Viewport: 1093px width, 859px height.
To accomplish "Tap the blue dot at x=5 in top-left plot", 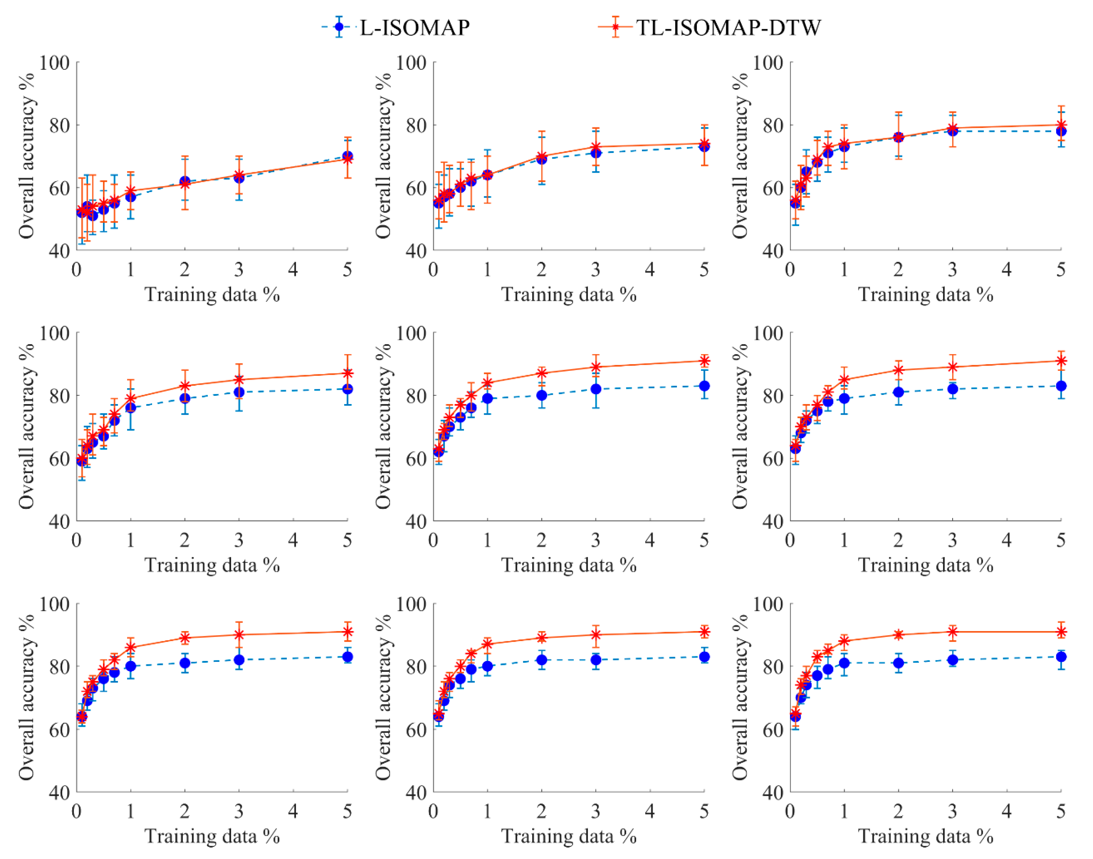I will click(347, 156).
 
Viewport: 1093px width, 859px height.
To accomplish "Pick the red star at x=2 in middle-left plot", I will click(185, 386).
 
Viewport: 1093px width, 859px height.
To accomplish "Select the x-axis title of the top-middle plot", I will click(569, 295).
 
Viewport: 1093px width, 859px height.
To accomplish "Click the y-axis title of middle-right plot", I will click(739, 427).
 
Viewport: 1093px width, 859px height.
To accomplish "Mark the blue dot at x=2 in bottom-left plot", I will click(185, 663).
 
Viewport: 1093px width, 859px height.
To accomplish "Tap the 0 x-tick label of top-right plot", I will click(790, 270).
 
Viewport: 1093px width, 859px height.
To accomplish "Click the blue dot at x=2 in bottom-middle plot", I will click(542, 660).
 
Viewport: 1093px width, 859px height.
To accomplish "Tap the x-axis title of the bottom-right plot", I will click(925, 836).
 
